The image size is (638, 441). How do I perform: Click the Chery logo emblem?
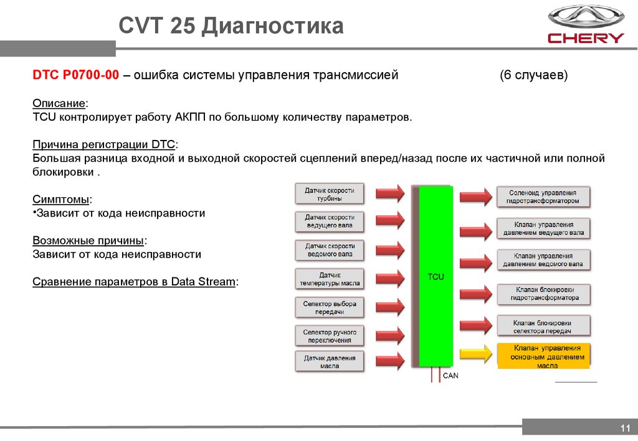(585, 17)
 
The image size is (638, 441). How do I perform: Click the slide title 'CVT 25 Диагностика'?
(231, 27)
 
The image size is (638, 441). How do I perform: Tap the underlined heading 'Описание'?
(60, 103)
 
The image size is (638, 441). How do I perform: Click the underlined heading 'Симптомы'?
(62, 199)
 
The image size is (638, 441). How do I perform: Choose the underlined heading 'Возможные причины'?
(90, 240)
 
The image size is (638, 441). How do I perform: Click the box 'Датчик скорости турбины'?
(330, 194)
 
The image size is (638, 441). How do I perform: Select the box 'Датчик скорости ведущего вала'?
(330, 221)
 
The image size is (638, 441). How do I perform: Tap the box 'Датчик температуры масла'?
(330, 279)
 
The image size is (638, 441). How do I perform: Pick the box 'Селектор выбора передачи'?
(330, 307)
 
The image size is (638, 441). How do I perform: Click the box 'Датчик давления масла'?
(330, 362)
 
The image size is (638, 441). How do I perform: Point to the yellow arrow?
(475, 353)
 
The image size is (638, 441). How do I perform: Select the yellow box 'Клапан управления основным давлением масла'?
(543, 356)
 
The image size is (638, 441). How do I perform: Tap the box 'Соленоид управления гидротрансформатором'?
(543, 197)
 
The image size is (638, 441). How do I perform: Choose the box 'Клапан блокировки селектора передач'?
(543, 327)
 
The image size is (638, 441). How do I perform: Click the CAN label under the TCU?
(450, 376)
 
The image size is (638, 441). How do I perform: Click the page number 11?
(625, 428)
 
